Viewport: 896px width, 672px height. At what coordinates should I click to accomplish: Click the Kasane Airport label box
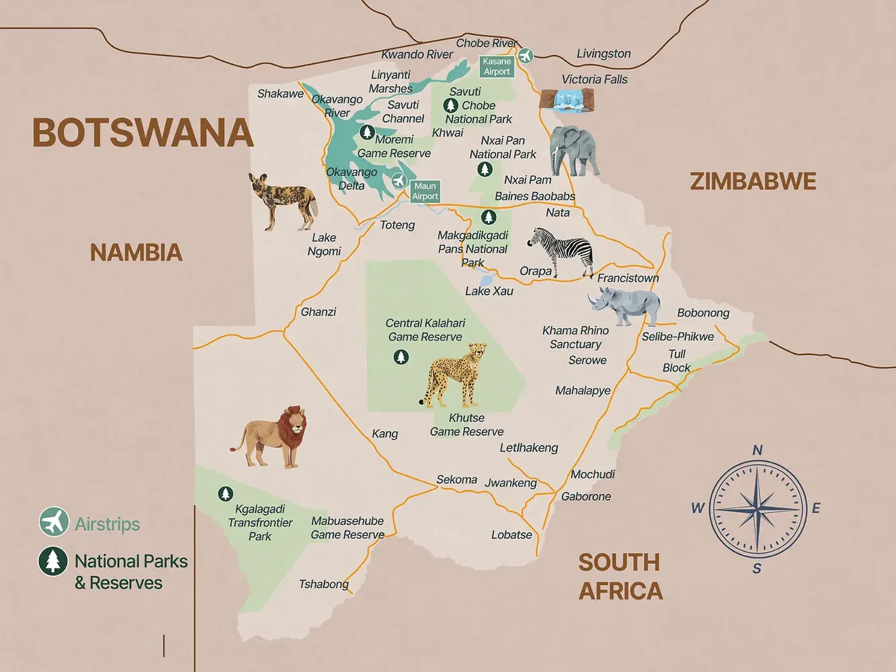[x=497, y=67]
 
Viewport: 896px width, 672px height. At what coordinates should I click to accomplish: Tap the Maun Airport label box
[x=425, y=191]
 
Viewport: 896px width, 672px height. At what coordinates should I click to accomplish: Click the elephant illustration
[x=573, y=151]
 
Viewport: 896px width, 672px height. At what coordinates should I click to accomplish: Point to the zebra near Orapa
[x=562, y=251]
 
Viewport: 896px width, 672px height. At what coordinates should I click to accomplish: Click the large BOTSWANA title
[x=142, y=133]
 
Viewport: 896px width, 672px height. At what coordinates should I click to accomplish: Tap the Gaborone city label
[x=586, y=497]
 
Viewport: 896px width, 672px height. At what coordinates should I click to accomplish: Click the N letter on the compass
[x=758, y=450]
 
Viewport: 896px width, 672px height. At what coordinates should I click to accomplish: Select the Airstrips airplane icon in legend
[x=54, y=522]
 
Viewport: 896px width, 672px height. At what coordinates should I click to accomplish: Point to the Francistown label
[x=628, y=278]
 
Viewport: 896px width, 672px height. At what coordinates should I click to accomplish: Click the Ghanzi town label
[x=318, y=312]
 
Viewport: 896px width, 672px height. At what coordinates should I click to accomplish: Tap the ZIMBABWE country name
[x=753, y=181]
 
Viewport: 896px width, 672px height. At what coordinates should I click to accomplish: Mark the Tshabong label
[x=323, y=584]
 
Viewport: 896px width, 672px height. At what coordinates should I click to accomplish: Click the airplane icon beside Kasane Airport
[x=525, y=56]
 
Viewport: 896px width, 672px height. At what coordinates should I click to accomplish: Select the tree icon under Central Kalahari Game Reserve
[x=401, y=357]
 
